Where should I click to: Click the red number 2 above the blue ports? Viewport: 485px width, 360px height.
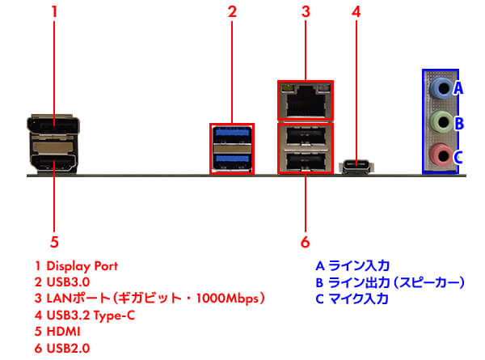click(x=232, y=12)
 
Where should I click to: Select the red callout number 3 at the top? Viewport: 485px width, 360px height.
click(x=306, y=12)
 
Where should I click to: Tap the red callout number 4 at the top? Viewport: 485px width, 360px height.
click(x=356, y=12)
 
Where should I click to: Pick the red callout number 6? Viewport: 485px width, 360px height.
click(x=306, y=241)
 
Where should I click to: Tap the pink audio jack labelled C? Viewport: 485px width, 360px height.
click(x=439, y=155)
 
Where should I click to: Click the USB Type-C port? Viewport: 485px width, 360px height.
click(x=356, y=166)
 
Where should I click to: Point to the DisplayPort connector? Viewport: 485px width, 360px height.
click(x=53, y=126)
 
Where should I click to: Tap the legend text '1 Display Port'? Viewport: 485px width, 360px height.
click(x=76, y=265)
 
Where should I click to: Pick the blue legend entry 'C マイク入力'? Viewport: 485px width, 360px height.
click(x=352, y=299)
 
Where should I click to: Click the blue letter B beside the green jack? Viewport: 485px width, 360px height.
click(x=458, y=123)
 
